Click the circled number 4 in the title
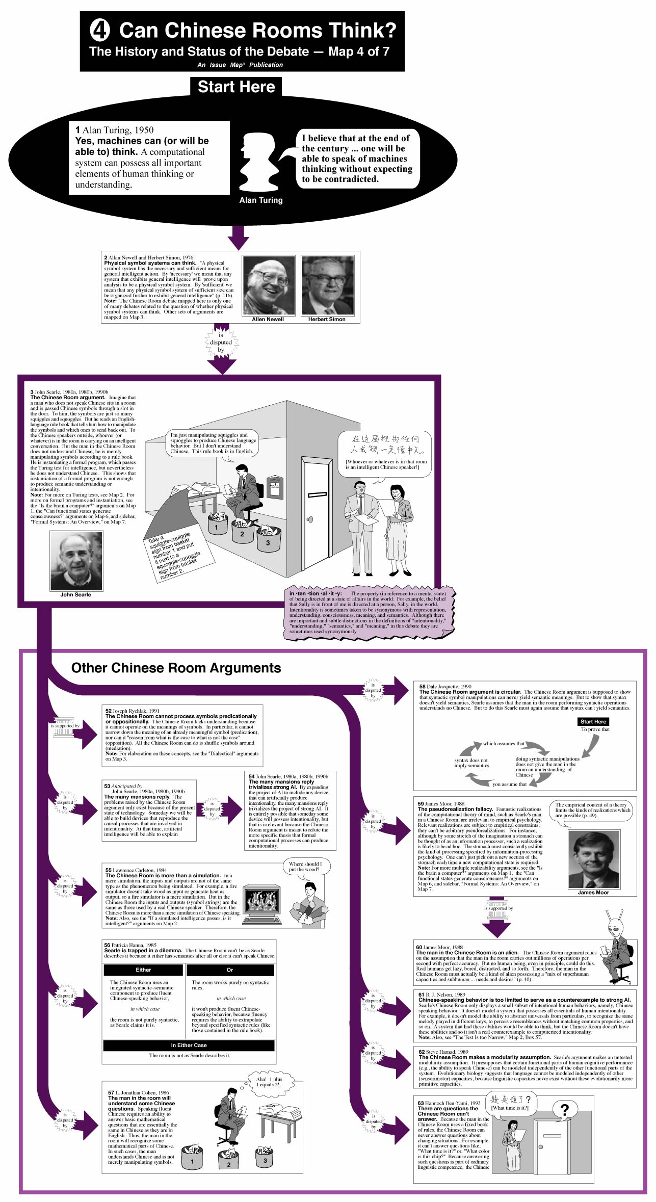coord(100,31)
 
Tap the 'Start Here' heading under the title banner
coord(236,87)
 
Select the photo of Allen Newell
coord(269,285)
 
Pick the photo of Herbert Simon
coord(327,285)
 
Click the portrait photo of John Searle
coord(76,561)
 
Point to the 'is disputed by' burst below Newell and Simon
coord(221,343)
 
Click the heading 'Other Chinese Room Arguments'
coord(176,668)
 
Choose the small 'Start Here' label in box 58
coord(593,721)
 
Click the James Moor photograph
coord(594,859)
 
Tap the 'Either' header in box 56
coord(143,970)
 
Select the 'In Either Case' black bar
coord(189,1045)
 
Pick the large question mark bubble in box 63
coord(564,1109)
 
